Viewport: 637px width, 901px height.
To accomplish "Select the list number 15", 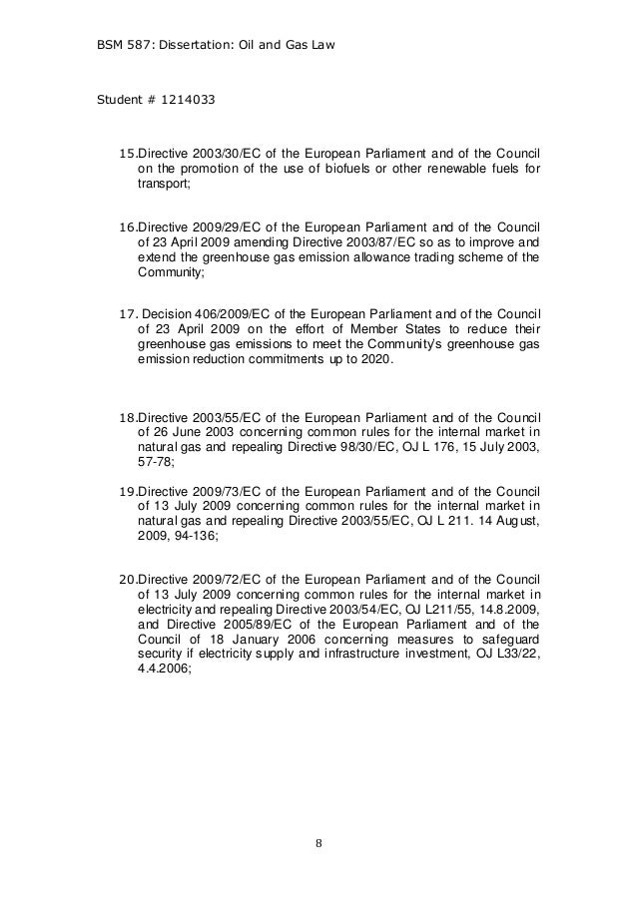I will [126, 153].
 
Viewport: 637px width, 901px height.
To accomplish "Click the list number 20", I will [126, 580].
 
